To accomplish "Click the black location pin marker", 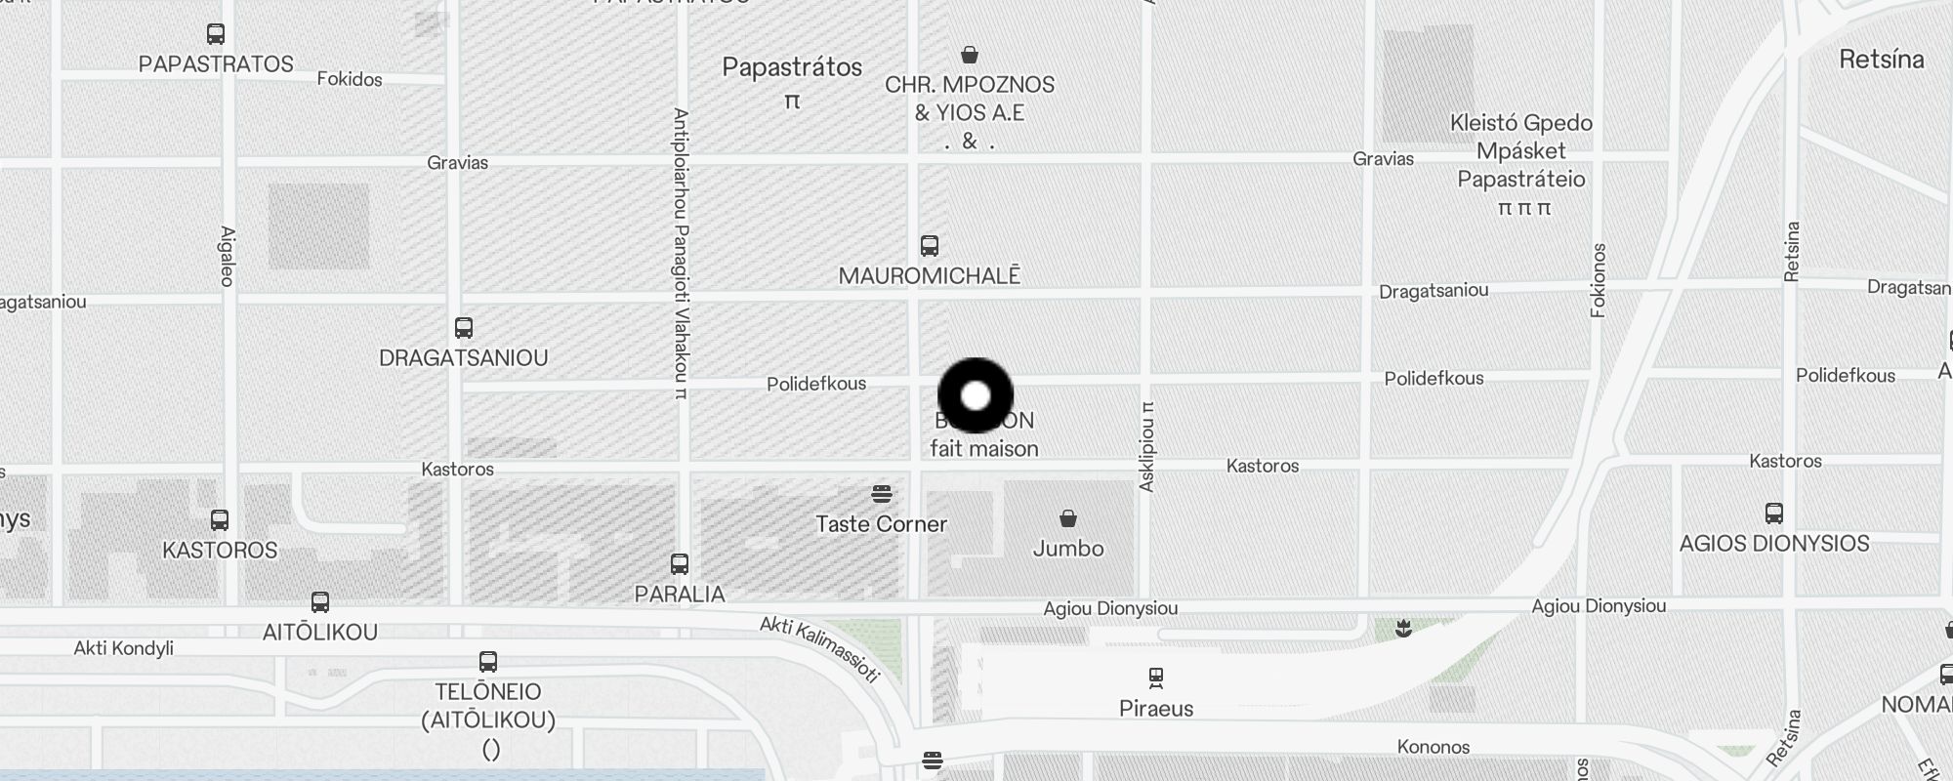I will (976, 395).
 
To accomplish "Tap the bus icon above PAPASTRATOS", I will (216, 34).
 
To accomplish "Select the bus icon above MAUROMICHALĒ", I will (930, 246).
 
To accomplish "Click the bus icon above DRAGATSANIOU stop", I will (464, 328).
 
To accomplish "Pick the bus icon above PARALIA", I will (680, 564).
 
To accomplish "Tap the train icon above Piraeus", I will (1156, 678).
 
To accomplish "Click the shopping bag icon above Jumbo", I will (1068, 518).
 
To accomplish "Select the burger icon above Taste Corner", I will (882, 494).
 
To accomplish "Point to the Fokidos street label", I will (350, 79).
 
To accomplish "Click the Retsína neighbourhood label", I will (1881, 60).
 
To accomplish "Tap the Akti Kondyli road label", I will (124, 648).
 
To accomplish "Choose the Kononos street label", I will (1433, 747).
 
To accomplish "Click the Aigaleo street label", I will (228, 257).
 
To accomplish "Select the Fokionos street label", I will (1599, 280).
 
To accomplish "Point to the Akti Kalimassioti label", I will (820, 648).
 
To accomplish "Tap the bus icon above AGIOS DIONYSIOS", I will (1774, 514).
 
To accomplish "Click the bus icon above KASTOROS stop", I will (220, 520).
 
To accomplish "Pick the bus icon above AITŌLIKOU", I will (320, 602).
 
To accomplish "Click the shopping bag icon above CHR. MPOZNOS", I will (970, 55).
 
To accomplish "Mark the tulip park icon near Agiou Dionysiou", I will (1404, 629).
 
